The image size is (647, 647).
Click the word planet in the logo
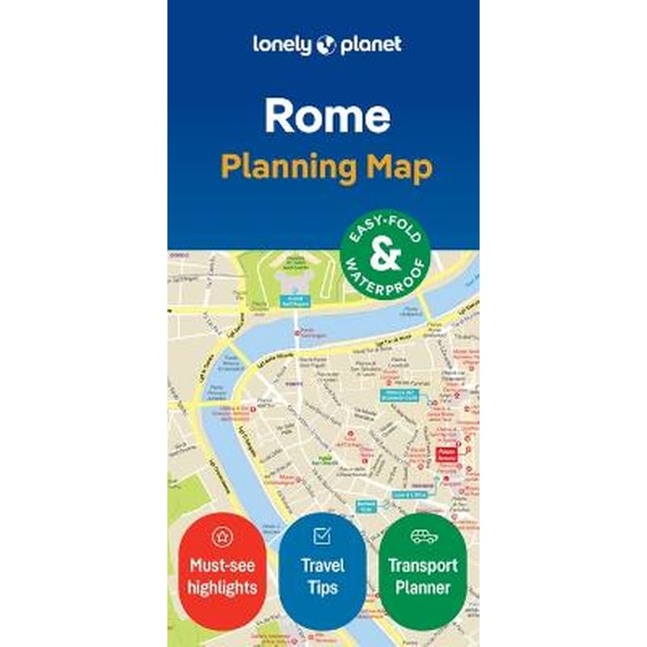click(369, 44)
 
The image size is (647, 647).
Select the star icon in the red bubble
click(221, 535)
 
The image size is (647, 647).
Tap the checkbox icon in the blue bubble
click(321, 535)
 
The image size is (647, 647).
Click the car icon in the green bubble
click(424, 535)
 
